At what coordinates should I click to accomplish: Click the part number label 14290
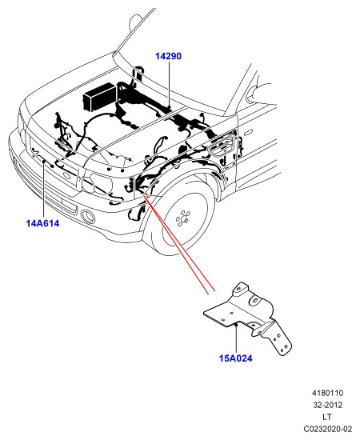tap(168, 56)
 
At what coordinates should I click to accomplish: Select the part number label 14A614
tap(42, 223)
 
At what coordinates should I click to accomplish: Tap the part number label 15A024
tap(236, 358)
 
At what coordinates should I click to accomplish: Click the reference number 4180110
tap(327, 393)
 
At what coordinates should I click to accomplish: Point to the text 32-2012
tap(327, 405)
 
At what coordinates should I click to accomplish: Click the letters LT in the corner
tap(327, 417)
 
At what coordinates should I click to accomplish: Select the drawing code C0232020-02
tap(327, 429)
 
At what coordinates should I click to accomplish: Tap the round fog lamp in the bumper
tap(87, 216)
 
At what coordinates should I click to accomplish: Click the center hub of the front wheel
tap(182, 218)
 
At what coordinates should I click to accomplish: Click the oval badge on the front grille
tap(67, 177)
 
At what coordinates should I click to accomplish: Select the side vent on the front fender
tap(222, 145)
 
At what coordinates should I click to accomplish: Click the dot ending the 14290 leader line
tap(169, 107)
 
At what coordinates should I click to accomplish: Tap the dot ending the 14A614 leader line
tap(44, 162)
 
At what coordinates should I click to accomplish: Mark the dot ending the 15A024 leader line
tap(236, 325)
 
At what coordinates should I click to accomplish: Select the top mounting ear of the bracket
tap(239, 289)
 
